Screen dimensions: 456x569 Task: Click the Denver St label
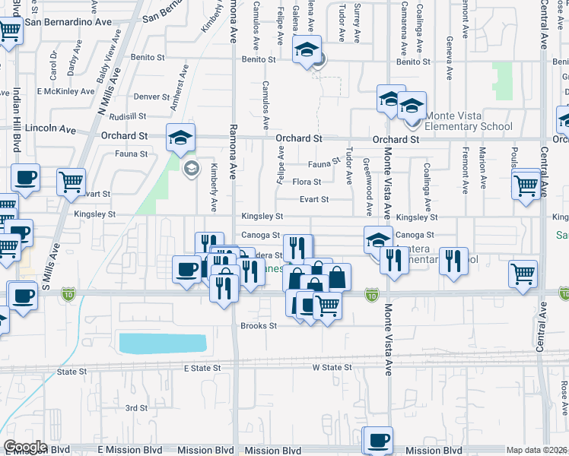pos(151,97)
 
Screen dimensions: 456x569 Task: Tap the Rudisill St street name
pos(127,116)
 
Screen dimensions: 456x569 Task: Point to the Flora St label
pos(307,182)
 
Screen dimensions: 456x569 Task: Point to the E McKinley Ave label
pos(62,91)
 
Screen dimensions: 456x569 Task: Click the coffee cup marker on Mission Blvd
pos(377,440)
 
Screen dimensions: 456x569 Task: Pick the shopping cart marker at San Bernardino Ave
pos(10,32)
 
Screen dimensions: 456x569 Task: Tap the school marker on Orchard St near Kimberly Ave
pos(181,138)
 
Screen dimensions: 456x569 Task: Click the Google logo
pos(26,447)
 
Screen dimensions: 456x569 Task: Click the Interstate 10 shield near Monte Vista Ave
pos(371,293)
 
